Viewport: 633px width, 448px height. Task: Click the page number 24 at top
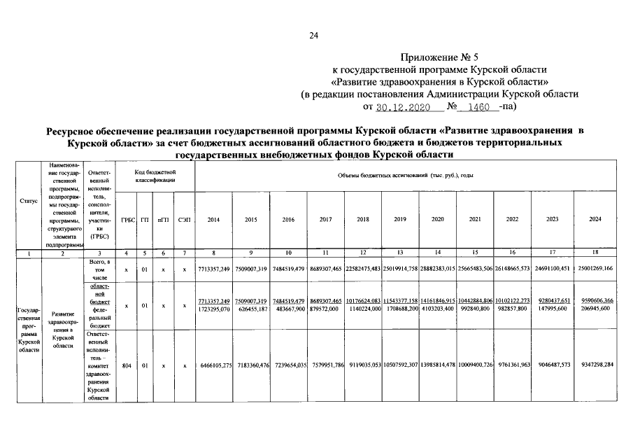(x=314, y=36)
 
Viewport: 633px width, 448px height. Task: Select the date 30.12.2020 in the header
(x=400, y=108)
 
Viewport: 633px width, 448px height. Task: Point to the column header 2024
(x=595, y=220)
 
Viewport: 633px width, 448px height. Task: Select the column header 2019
(x=400, y=220)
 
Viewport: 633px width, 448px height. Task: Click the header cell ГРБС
(x=128, y=220)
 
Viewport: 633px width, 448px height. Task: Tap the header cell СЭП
(x=183, y=220)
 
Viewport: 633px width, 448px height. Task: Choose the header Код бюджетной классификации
(x=155, y=176)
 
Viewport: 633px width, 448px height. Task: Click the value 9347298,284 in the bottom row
(x=595, y=365)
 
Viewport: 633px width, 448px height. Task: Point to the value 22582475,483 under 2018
(x=362, y=268)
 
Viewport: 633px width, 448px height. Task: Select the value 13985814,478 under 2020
(x=438, y=365)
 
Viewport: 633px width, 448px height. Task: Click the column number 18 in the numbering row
(x=595, y=251)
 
